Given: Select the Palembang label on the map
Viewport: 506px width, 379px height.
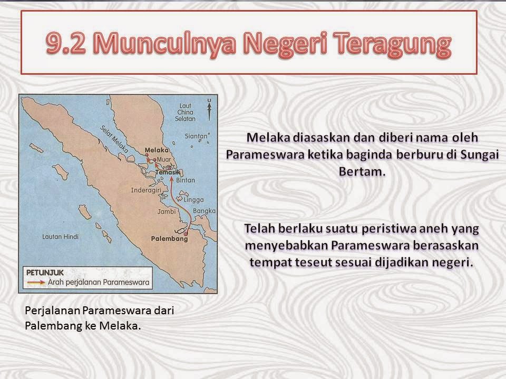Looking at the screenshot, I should tap(169, 238).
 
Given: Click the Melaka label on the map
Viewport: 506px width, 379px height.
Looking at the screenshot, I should tap(154, 150).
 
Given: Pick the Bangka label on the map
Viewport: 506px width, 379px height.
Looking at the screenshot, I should tap(205, 211).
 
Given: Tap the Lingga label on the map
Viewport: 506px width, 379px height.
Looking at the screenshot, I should tap(194, 200).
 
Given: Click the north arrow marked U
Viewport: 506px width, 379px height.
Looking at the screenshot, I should tap(209, 108).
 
